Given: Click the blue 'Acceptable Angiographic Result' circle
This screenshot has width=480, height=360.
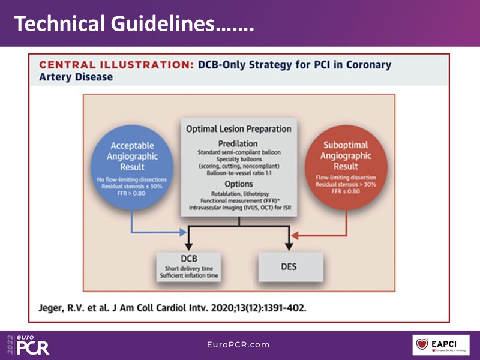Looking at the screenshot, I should (132, 165).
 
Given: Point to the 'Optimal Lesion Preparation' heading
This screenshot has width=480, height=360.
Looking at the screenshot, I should (238, 128).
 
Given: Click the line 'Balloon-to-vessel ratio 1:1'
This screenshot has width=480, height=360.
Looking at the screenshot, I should (238, 173).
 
